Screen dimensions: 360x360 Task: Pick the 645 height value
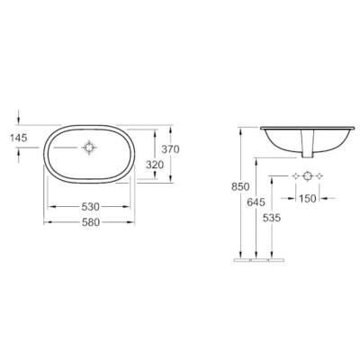tap(256, 203)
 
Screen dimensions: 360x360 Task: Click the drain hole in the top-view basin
tap(89, 147)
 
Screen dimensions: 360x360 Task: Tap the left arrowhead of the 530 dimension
tap(49, 206)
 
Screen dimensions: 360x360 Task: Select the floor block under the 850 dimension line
tap(243, 262)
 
